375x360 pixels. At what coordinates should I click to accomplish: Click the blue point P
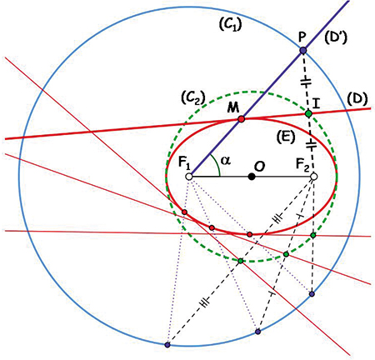click(303, 51)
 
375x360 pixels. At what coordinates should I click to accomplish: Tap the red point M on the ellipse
click(241, 119)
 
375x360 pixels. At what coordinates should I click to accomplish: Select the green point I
click(308, 113)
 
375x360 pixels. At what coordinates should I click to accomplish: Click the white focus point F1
click(189, 177)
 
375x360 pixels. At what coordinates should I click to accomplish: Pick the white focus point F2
click(314, 177)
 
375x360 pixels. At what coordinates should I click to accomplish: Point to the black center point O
click(252, 177)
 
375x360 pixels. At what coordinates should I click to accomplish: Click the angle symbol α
click(226, 161)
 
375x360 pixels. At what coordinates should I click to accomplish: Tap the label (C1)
click(230, 25)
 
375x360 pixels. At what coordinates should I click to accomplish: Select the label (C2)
click(192, 97)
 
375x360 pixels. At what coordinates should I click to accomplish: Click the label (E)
click(286, 137)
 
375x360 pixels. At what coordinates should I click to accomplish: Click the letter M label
click(232, 107)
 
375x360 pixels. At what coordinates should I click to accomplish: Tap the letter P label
click(302, 37)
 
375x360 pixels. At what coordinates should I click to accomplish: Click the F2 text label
click(302, 164)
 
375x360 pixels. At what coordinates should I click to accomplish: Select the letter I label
click(316, 104)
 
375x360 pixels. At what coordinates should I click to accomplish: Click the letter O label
click(259, 167)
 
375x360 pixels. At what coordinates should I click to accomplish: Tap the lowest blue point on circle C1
click(167, 345)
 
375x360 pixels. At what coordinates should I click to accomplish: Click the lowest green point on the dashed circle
click(241, 261)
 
